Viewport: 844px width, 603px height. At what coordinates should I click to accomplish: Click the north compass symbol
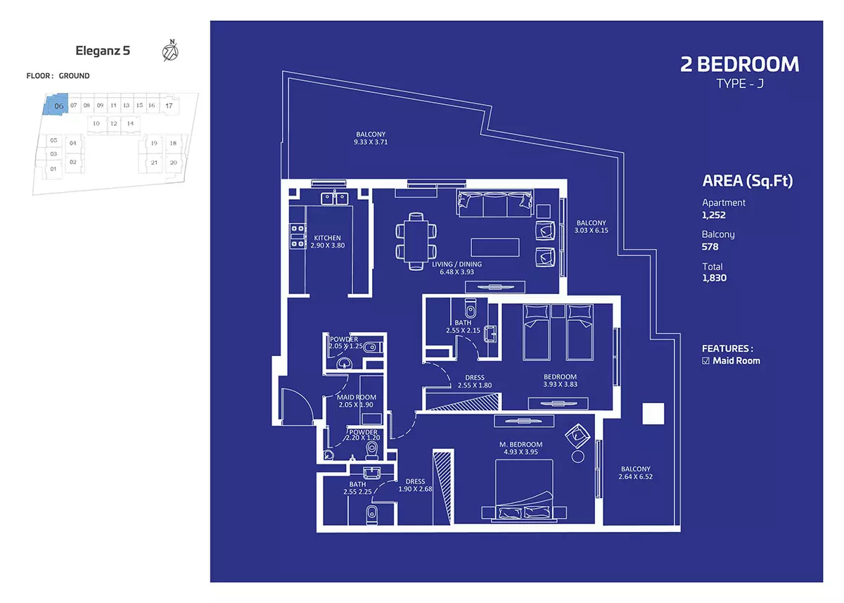coord(170,51)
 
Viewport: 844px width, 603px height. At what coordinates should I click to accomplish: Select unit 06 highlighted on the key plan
coord(56,104)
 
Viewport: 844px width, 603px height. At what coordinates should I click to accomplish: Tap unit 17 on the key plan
coord(169,106)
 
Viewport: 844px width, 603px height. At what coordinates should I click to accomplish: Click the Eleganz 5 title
coord(103,51)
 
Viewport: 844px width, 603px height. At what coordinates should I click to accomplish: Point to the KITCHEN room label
coord(327,238)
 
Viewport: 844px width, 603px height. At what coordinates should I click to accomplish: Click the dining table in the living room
coord(416,241)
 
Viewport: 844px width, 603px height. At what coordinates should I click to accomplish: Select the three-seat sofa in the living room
coord(495,203)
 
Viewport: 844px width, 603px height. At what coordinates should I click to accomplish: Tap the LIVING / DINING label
coord(456,264)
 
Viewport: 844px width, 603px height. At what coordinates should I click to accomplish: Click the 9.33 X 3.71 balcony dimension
coord(371,142)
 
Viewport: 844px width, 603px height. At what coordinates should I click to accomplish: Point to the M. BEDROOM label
coord(520,445)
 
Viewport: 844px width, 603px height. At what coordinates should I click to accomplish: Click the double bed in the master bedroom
coord(524,490)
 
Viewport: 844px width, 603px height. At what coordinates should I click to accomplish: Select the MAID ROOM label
coord(356,398)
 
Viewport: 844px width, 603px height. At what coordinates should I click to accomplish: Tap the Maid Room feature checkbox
coord(705,361)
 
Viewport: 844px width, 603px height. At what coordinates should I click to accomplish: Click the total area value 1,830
coord(714,278)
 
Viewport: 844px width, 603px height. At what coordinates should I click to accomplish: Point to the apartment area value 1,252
coord(714,215)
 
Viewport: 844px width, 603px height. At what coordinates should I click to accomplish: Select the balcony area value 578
coord(710,247)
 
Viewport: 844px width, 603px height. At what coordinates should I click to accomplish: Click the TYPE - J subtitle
coord(740,83)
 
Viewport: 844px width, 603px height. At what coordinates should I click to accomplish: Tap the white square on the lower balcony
coord(653,414)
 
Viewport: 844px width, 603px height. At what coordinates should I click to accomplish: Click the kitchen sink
coord(335,198)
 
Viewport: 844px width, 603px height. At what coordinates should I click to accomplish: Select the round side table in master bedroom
coord(577,457)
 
